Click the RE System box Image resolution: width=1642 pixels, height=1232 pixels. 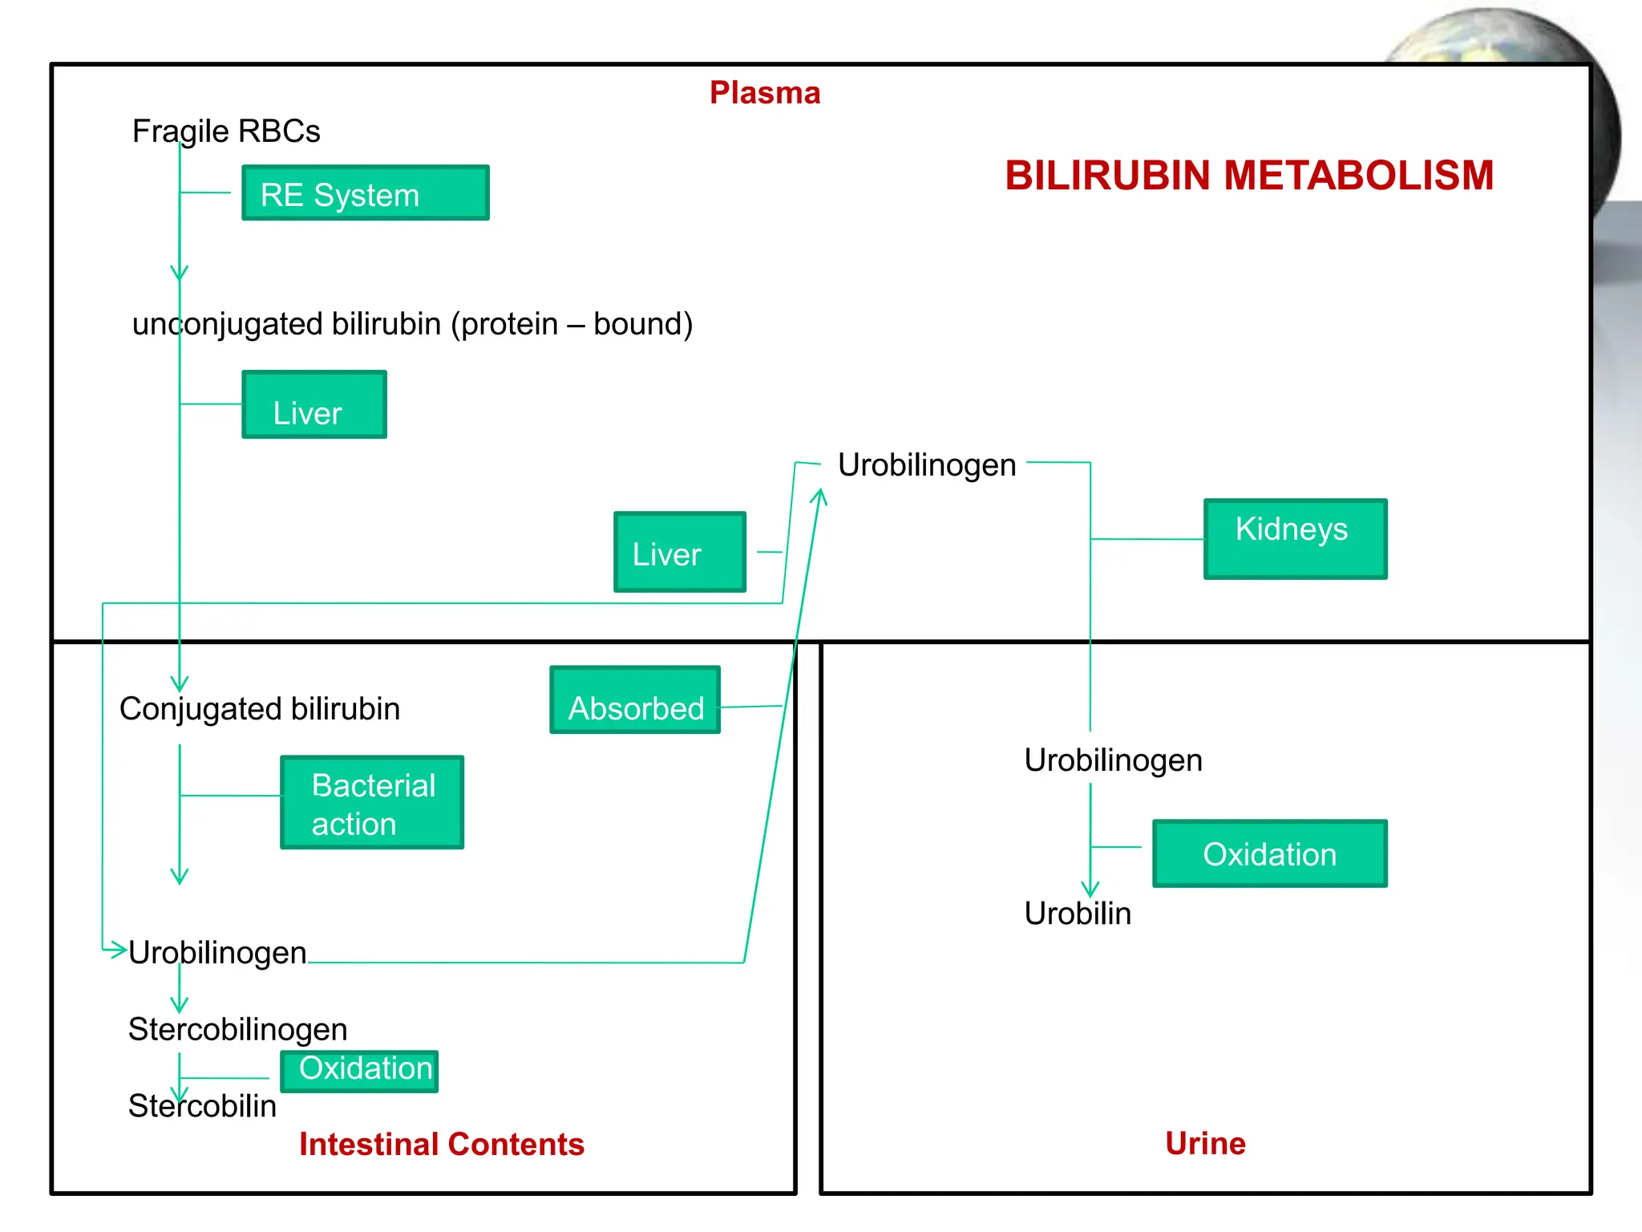tap(366, 192)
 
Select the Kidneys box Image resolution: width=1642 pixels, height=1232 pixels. tap(1295, 538)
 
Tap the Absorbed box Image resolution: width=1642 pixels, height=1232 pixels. tap(635, 699)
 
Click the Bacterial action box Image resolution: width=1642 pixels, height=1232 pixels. tap(372, 802)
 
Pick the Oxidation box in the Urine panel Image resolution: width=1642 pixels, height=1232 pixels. tap(1269, 853)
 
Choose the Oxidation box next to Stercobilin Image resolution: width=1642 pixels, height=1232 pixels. tap(359, 1071)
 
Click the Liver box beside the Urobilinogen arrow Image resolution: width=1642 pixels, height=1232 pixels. tap(680, 552)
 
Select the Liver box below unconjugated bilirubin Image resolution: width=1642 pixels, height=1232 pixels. tap(314, 404)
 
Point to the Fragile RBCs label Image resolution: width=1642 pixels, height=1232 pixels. tap(226, 131)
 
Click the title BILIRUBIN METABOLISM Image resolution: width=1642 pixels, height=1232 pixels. tap(1249, 176)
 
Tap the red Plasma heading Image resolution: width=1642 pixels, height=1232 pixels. tap(765, 93)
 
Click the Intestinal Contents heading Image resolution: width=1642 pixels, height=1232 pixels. tap(442, 1144)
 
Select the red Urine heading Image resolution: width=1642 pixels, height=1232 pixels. tap(1205, 1143)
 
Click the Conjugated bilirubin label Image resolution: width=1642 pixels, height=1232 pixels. tap(260, 709)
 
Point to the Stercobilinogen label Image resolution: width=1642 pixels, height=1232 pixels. tap(238, 1029)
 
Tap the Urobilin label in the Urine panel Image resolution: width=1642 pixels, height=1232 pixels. tap(1078, 914)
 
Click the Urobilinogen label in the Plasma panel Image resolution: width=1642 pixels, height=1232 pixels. tap(927, 465)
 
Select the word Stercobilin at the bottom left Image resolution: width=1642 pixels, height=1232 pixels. tap(202, 1106)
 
